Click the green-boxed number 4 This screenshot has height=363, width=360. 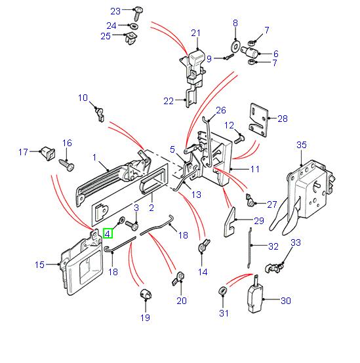tap(108, 233)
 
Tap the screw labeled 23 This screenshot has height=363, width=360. tap(138, 14)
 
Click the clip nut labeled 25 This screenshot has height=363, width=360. tap(130, 39)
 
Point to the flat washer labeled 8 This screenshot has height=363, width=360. tap(235, 46)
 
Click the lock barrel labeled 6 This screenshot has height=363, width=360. tap(249, 52)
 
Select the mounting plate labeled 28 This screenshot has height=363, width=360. tap(259, 119)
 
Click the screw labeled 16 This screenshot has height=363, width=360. tap(67, 165)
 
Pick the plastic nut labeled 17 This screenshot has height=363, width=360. tap(48, 153)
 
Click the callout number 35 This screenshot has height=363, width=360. tap(302, 145)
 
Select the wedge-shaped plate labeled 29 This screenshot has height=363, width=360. tap(230, 222)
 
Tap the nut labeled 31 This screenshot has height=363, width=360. tap(223, 290)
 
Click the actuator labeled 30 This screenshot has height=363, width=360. tap(254, 294)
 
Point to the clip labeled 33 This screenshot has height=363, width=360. tap(274, 268)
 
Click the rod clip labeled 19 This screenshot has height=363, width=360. tap(146, 294)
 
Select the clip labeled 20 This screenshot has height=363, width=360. tap(178, 278)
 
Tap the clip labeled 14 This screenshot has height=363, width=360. tap(203, 246)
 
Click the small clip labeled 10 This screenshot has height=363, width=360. tap(100, 114)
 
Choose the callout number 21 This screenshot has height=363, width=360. tap(195, 33)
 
